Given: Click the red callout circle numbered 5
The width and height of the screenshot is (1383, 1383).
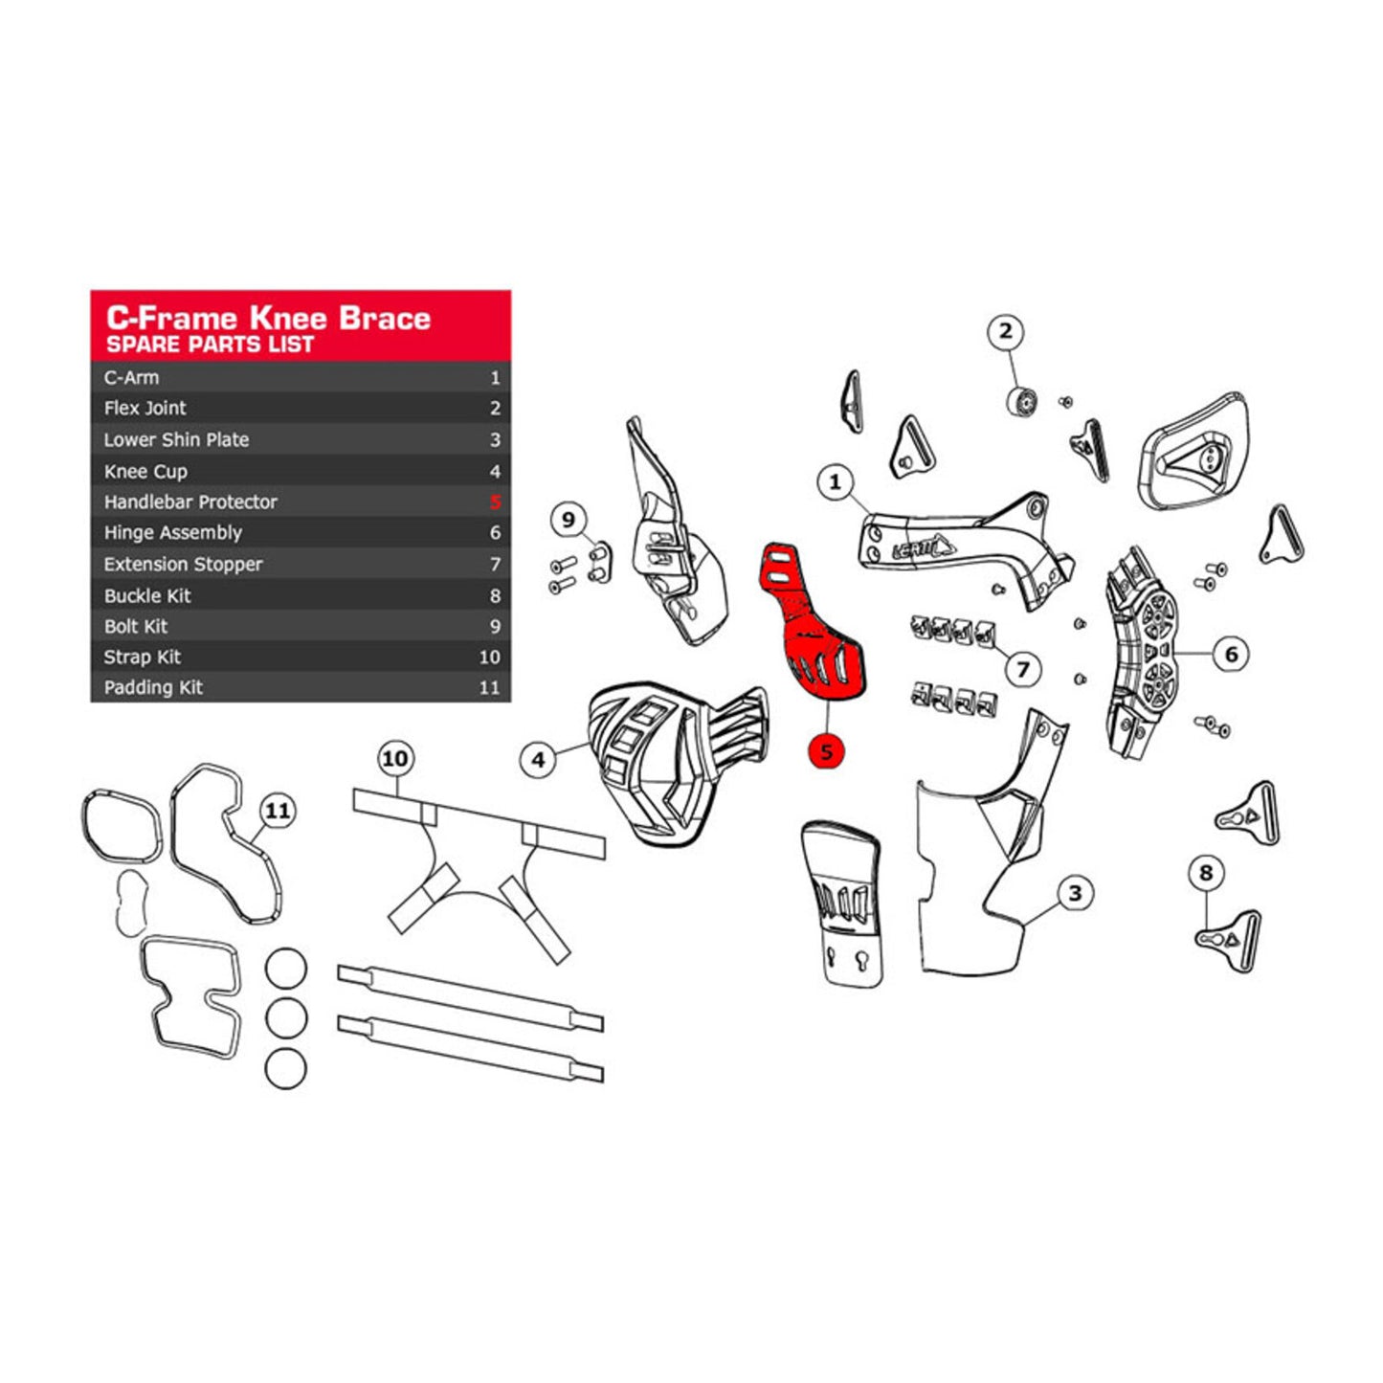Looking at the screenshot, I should [x=826, y=751].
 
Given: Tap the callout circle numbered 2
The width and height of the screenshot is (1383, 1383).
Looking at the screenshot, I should [x=1005, y=332].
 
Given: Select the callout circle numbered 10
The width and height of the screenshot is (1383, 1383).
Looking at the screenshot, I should [x=394, y=759].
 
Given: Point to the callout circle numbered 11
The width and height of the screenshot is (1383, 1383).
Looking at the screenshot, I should [x=278, y=811].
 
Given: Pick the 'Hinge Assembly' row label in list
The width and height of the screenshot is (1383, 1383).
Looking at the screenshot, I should [x=173, y=533].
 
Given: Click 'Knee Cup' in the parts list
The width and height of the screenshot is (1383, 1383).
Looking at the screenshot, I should [x=145, y=471].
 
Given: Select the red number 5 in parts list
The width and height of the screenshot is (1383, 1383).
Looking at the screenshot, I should [x=495, y=502].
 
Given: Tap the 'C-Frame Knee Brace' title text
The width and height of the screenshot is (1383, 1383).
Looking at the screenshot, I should [x=268, y=318].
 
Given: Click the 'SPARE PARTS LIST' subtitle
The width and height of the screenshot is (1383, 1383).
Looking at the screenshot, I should [x=210, y=345].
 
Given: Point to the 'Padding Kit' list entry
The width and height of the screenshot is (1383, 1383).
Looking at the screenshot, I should [x=153, y=687].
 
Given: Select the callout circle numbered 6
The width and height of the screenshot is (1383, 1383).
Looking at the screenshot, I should [x=1231, y=654].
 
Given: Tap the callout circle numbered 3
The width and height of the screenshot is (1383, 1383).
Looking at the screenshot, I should [x=1075, y=893].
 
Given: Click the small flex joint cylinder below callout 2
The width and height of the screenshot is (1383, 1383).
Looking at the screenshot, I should [x=1022, y=400].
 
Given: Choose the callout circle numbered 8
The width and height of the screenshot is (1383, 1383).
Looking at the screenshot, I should [x=1206, y=873].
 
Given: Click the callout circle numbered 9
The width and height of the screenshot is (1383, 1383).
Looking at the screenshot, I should [x=569, y=520].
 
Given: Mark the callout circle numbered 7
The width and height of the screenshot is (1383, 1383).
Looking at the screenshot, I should [x=1023, y=668].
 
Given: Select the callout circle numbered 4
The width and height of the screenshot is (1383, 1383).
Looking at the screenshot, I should [x=538, y=760].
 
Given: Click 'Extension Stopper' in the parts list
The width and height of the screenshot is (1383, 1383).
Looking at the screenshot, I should [x=183, y=565].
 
